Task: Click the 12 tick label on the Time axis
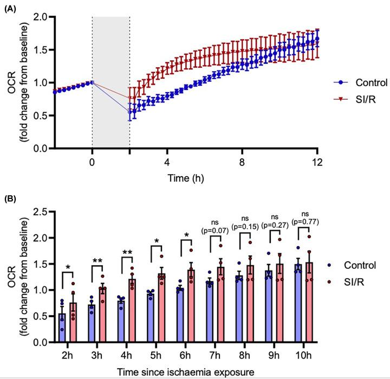click(x=318, y=162)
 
